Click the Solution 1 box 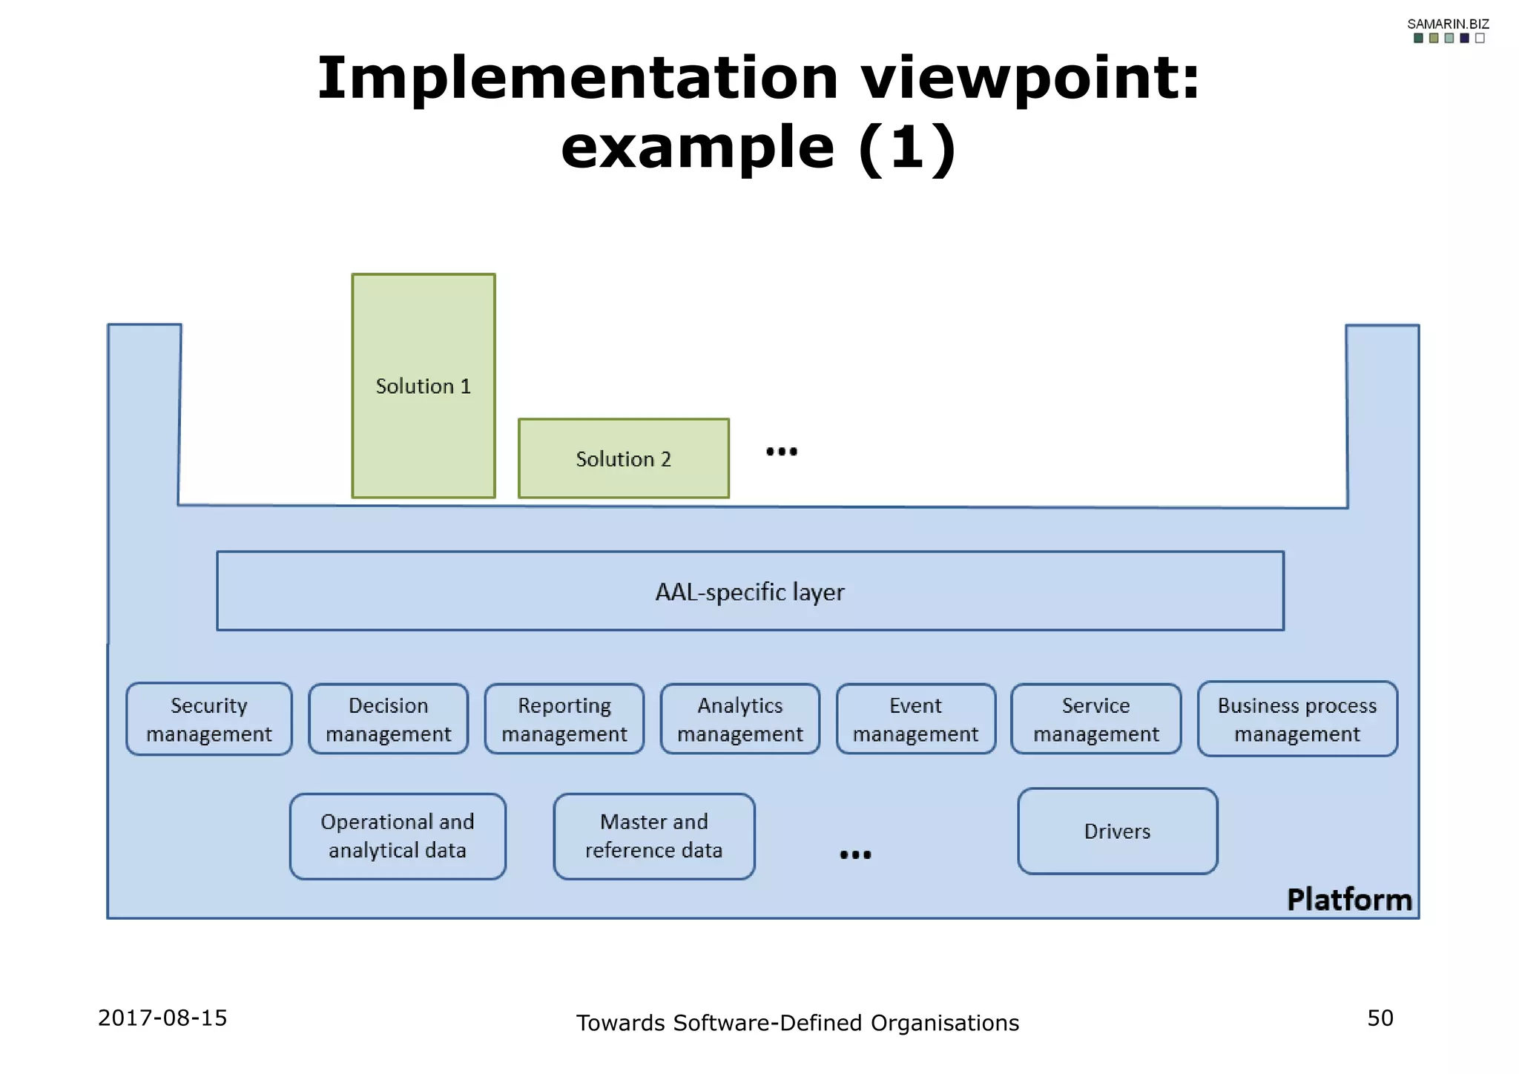[x=423, y=386]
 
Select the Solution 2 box [x=623, y=458]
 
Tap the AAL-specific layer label [x=750, y=592]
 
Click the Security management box [x=209, y=719]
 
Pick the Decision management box [x=389, y=719]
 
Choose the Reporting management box [x=564, y=719]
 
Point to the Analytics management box [x=740, y=719]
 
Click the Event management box [x=916, y=719]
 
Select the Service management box [x=1096, y=719]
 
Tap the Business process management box [x=1297, y=719]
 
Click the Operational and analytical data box [x=398, y=836]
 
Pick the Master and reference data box [x=654, y=836]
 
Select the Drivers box [x=1118, y=831]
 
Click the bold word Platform [x=1349, y=900]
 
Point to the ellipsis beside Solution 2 [x=782, y=451]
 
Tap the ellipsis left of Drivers [x=855, y=854]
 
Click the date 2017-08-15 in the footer [x=162, y=1018]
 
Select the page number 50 [x=1380, y=1018]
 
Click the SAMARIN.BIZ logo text [x=1448, y=24]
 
